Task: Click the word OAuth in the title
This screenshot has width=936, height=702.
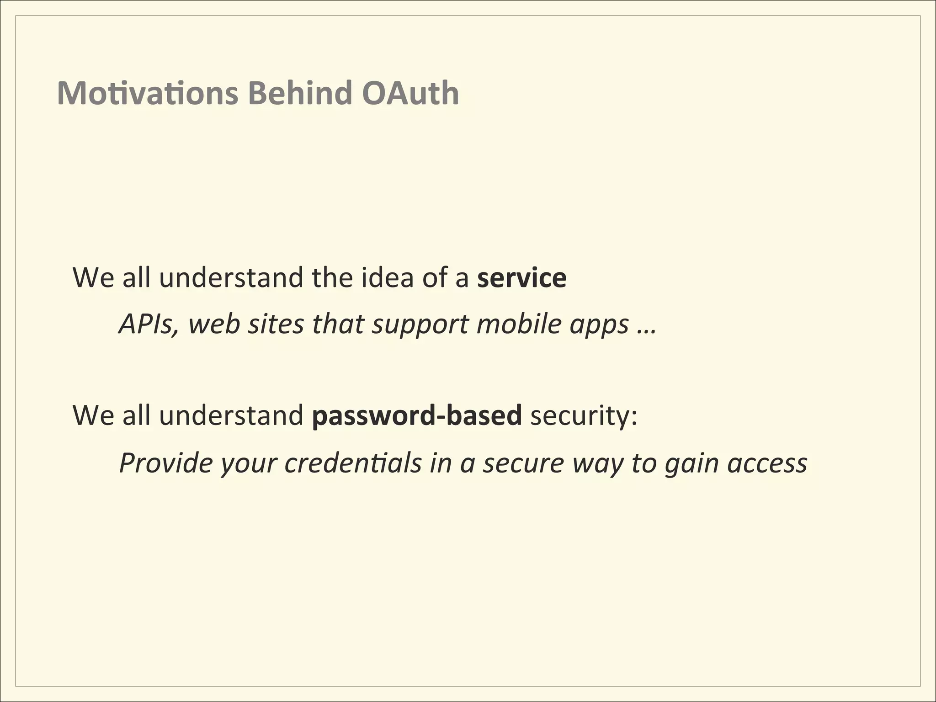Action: [410, 93]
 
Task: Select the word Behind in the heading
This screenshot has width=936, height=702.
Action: [300, 93]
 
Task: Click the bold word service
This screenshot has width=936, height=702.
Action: [521, 278]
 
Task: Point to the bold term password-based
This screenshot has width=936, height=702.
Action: [416, 416]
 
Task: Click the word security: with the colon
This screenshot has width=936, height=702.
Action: [584, 416]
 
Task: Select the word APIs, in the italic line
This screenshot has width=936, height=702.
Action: [148, 324]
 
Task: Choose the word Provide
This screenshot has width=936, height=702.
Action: [165, 463]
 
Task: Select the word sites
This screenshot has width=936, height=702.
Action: [276, 324]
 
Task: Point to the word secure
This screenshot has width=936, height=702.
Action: [524, 463]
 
